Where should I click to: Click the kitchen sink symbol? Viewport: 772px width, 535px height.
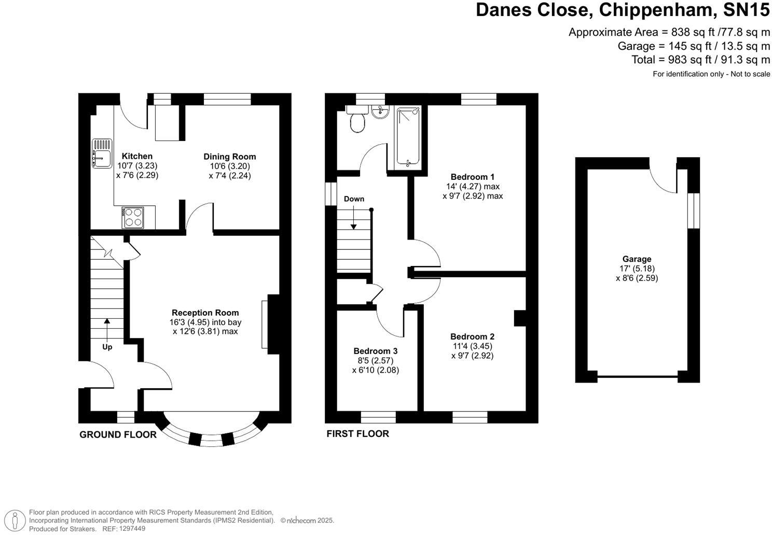[x=102, y=153]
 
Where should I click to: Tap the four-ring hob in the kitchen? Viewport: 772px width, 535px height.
[x=133, y=218]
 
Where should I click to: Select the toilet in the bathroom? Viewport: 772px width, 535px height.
[x=356, y=119]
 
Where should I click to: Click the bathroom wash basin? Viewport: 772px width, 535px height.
[x=380, y=112]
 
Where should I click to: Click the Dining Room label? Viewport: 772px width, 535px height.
[x=230, y=157]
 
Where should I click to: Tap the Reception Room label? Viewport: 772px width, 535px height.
[x=205, y=313]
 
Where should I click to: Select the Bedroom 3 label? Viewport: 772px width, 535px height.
[x=375, y=351]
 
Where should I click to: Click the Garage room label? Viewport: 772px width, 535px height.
[x=637, y=259]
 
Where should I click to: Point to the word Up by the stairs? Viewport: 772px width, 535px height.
[x=107, y=347]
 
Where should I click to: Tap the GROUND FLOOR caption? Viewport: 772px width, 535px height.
[x=118, y=435]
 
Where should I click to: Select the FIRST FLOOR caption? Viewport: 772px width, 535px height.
[x=358, y=434]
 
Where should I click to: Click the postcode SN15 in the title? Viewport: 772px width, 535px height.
[x=747, y=10]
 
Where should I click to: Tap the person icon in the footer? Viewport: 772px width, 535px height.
[x=15, y=520]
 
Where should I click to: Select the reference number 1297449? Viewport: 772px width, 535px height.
[x=132, y=528]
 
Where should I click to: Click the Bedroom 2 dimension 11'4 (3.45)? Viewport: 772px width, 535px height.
[x=472, y=346]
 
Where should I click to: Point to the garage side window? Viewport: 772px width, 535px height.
[x=694, y=210]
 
